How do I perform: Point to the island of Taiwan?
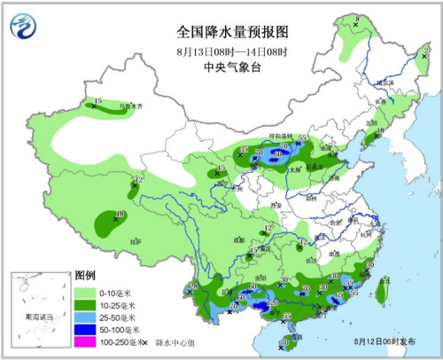(x=385, y=290)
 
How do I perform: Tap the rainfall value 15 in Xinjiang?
(x=98, y=100)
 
